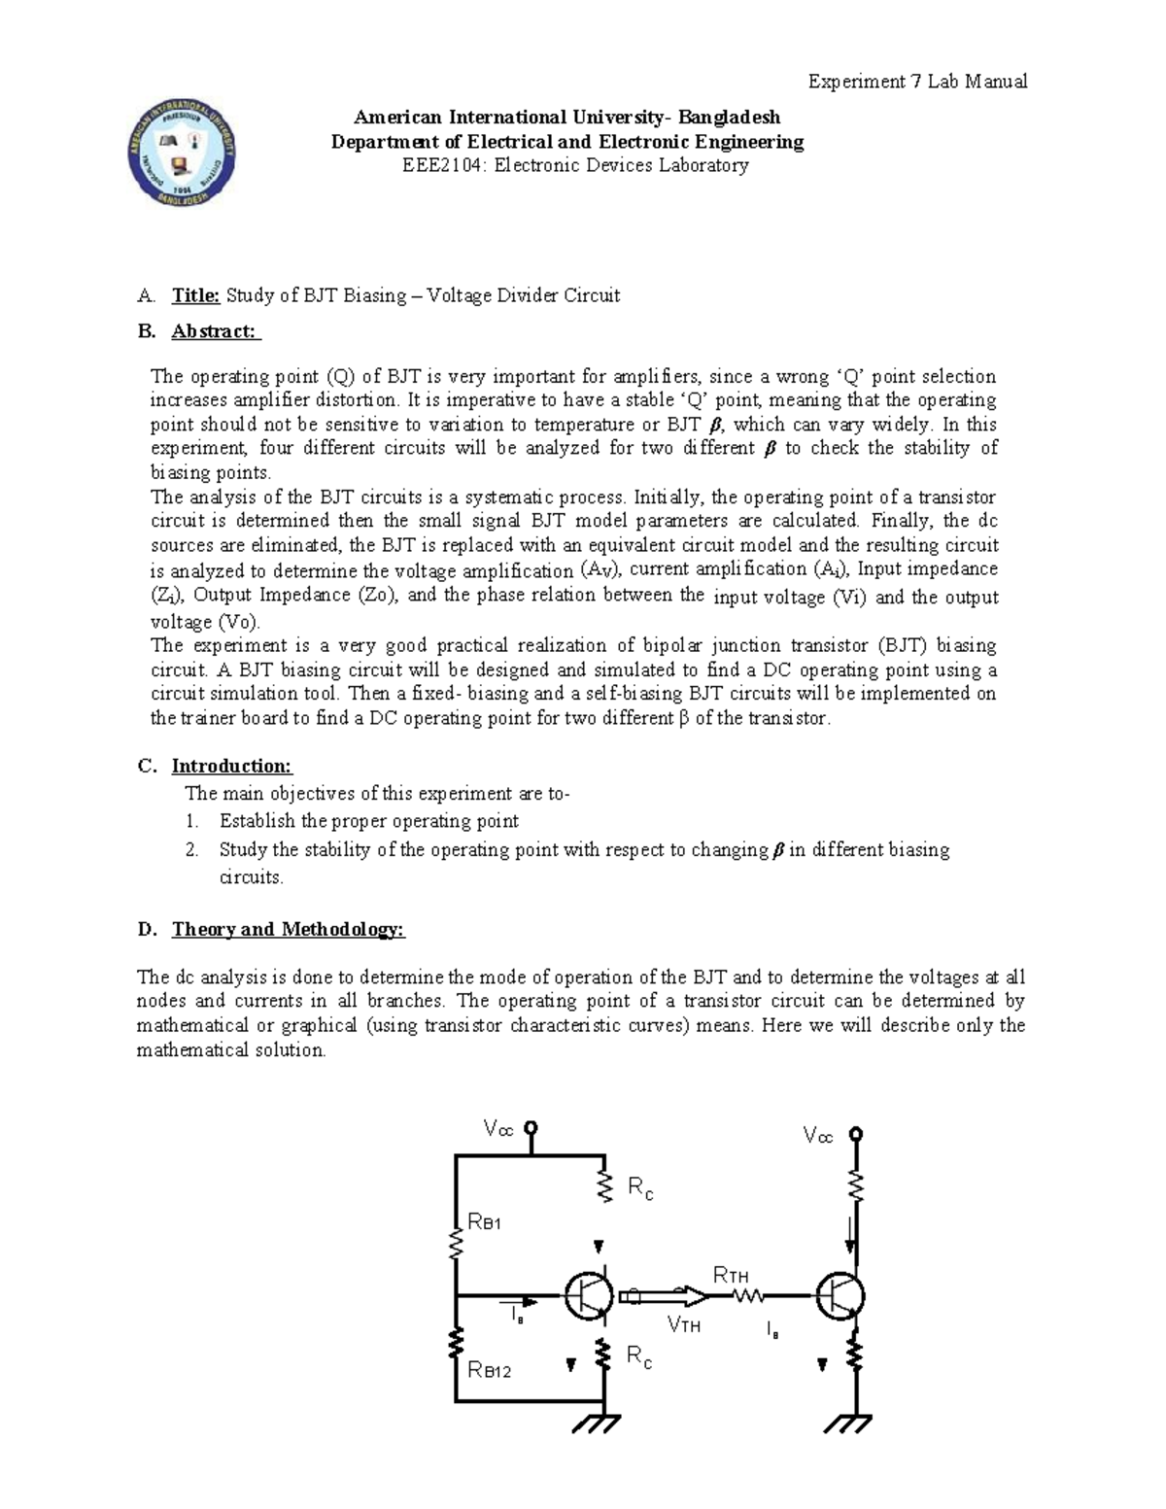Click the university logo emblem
tap(184, 154)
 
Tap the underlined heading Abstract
tap(215, 331)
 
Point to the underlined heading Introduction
tap(231, 767)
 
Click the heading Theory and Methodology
tap(288, 929)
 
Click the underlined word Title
tap(196, 295)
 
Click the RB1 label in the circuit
tap(485, 1222)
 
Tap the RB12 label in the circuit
tap(490, 1371)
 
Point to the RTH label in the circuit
tap(731, 1275)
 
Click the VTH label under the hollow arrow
tap(684, 1324)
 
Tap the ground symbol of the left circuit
tap(592, 1423)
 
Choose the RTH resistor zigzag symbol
tap(749, 1295)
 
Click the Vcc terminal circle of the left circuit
tap(532, 1128)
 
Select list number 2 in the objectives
tap(192, 850)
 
